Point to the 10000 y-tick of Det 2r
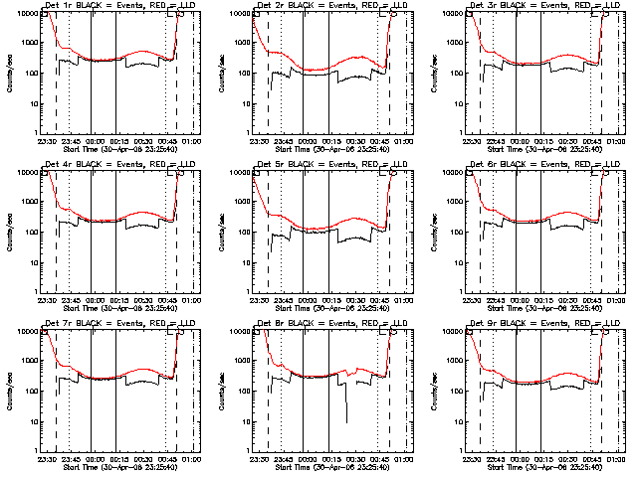(x=239, y=14)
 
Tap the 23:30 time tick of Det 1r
(x=46, y=140)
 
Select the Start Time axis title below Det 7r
(x=113, y=466)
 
